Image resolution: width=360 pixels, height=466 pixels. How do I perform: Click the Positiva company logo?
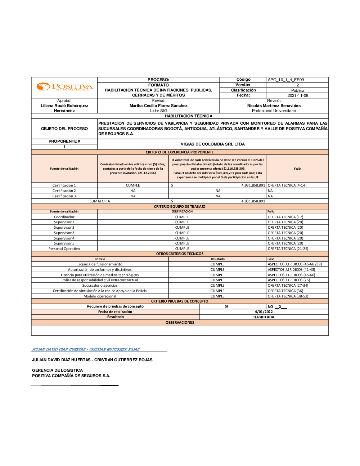[x=64, y=87]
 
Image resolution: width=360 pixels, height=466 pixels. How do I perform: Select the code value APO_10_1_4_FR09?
[x=285, y=80]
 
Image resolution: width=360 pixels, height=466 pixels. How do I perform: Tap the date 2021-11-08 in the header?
[x=298, y=95]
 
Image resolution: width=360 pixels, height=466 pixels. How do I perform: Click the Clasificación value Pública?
[x=298, y=90]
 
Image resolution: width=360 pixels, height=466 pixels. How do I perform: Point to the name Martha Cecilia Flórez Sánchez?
[x=158, y=106]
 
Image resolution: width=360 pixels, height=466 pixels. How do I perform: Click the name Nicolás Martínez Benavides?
[x=274, y=106]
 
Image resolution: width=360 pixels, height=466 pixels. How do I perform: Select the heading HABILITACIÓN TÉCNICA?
[x=188, y=116]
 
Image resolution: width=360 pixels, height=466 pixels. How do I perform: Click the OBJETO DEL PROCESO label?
[x=64, y=129]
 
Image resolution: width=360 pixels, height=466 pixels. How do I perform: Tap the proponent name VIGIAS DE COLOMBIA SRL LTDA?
[x=212, y=144]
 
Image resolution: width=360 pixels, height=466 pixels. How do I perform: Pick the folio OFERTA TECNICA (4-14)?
[x=287, y=185]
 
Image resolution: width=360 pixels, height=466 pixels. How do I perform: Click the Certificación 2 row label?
[x=64, y=191]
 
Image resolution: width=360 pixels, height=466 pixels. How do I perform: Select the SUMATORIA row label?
[x=100, y=201]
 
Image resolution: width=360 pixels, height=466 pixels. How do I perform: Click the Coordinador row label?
[x=64, y=217]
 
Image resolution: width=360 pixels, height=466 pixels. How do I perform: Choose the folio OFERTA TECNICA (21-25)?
[x=288, y=249]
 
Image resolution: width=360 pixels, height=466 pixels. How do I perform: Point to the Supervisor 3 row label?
[x=64, y=233]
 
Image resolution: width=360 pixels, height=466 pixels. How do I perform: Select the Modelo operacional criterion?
[x=100, y=296]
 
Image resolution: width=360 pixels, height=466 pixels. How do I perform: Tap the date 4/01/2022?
[x=264, y=312]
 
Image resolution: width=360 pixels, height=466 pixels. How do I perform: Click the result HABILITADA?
[x=264, y=317]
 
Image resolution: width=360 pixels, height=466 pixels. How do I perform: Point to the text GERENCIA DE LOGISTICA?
[x=57, y=370]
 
